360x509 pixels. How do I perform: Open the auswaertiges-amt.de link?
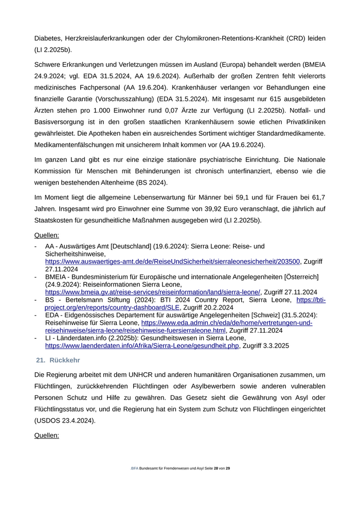coord(172,261)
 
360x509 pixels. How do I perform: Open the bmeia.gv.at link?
coord(153,292)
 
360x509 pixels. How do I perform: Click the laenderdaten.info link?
coord(142,346)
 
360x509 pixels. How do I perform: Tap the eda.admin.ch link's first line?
coord(227,323)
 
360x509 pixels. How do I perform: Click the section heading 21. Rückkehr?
coord(58,360)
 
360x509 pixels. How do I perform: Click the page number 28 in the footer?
coord(216,468)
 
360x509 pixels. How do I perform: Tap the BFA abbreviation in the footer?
coord(135,468)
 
